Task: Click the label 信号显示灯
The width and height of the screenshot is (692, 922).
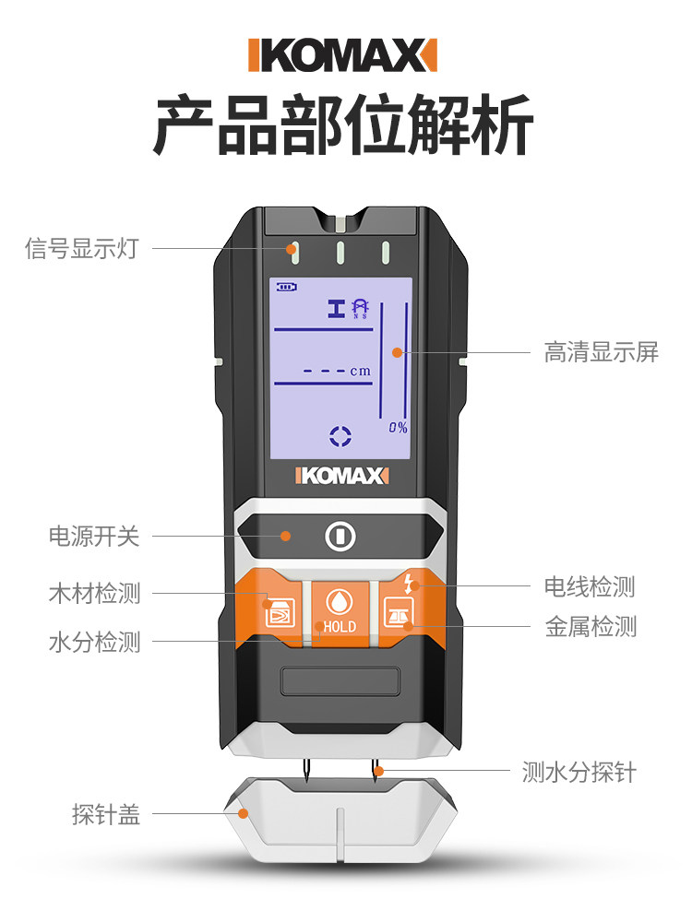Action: point(81,249)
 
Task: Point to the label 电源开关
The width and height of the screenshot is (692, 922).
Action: point(94,537)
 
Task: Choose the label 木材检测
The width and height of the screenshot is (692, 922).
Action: point(94,594)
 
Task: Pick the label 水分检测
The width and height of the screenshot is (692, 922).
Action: point(94,643)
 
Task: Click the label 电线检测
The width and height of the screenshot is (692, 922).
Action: point(590,586)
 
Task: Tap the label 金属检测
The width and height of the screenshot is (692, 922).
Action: point(591,629)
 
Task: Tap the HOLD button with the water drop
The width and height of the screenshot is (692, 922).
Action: point(339,609)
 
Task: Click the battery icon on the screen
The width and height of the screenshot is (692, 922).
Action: point(287,287)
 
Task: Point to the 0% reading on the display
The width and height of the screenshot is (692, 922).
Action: point(398,428)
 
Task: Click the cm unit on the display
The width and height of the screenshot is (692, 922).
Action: point(360,372)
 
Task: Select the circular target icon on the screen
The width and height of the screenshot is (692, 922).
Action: point(340,437)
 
